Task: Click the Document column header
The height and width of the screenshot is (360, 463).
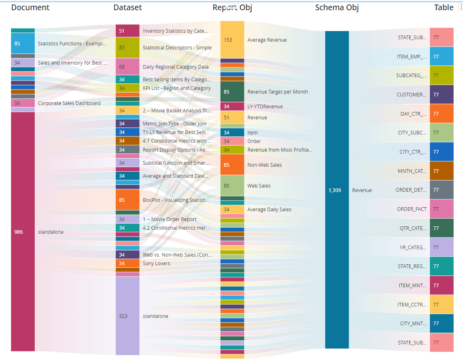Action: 30,8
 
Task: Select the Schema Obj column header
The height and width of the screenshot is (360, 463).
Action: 337,8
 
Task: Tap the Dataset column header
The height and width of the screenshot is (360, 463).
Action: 127,8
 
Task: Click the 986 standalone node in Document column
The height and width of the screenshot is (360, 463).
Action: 23,232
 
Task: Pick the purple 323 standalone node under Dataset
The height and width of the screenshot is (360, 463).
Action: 127,316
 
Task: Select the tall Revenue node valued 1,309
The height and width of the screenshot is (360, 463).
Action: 337,190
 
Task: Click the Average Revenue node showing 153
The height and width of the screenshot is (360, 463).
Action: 232,40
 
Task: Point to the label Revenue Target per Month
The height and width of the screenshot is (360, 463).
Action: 277,92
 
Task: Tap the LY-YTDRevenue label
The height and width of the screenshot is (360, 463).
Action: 265,107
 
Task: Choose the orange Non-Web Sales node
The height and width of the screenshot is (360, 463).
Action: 232,165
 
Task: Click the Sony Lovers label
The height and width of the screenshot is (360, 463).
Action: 156,264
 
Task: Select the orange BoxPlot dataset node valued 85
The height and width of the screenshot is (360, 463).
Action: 127,200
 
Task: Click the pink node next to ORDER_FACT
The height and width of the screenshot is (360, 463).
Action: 441,209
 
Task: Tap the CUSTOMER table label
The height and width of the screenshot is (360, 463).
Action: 412,95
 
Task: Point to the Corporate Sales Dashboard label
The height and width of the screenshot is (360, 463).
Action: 69,103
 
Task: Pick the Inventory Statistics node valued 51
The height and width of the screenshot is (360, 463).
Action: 127,31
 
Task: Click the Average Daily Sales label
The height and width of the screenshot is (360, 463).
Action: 269,210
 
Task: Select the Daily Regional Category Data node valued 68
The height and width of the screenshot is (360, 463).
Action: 127,67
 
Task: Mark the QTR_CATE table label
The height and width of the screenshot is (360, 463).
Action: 413,228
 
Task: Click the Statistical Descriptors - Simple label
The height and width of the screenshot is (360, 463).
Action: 177,48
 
